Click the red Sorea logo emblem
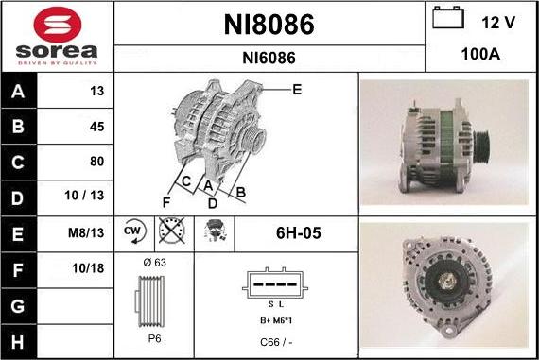click(58, 25)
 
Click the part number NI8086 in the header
click(269, 25)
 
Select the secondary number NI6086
click(269, 58)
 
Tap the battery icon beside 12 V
click(448, 18)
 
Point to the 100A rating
click(480, 54)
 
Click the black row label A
click(18, 91)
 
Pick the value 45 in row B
click(96, 127)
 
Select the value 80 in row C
click(96, 162)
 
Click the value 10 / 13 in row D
click(84, 196)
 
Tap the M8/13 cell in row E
click(86, 232)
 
